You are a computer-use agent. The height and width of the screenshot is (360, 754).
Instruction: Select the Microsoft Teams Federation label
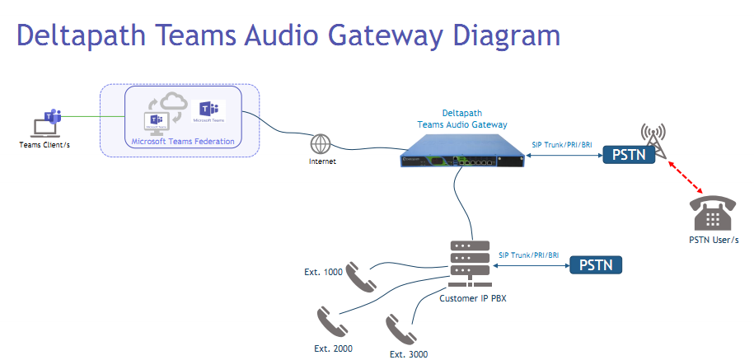coord(183,142)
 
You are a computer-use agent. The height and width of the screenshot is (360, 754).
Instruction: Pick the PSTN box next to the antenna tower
coord(629,154)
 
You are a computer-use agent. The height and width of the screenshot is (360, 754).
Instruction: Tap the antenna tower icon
coord(653,137)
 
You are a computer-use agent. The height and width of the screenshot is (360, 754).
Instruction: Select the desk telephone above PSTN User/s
coord(713,214)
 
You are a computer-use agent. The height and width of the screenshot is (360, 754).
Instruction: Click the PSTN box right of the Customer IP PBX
coord(595,265)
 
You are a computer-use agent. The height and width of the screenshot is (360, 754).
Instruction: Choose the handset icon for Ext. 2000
coord(328,321)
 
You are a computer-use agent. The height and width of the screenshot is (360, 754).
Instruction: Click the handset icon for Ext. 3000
coord(400,330)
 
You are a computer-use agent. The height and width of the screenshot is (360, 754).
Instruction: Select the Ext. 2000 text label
coord(333,348)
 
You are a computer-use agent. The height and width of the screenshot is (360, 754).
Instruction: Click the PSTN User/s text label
coord(713,239)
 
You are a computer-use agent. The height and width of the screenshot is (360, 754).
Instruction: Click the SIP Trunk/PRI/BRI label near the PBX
coord(529,255)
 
